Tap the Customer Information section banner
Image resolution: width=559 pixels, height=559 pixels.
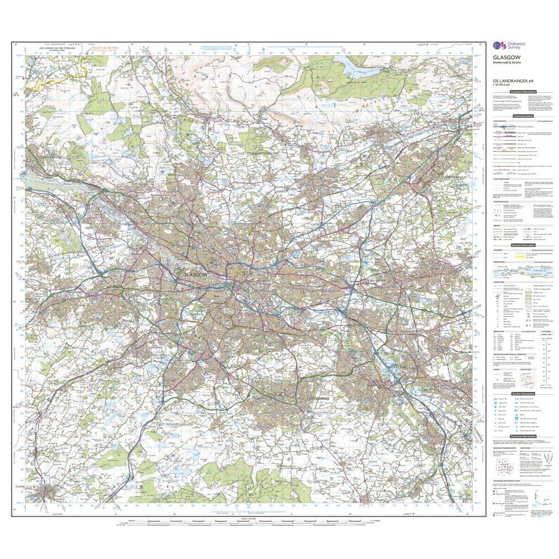(523, 92)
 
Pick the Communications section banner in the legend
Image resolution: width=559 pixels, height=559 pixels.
(523, 116)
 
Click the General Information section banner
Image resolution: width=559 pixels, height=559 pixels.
(523, 245)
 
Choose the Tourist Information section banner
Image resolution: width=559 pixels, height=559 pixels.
(523, 394)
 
